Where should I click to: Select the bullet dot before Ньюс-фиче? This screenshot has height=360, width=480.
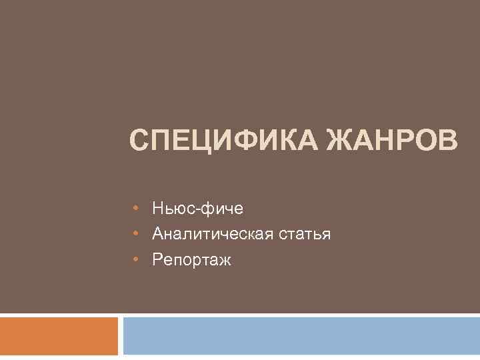[135, 209]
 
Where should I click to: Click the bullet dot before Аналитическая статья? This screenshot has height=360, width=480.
[135, 234]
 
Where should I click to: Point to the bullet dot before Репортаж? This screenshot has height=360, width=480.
[135, 259]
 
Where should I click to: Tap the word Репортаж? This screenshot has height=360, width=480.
[191, 260]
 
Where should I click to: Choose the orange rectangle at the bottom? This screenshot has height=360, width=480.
[59, 336]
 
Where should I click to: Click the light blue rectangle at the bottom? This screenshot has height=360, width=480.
[301, 336]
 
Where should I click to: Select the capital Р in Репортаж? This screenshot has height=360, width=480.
[157, 259]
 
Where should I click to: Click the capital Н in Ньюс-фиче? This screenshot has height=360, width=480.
[158, 209]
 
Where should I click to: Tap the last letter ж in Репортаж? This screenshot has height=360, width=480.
[225, 260]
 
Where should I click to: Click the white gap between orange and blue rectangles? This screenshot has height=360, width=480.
[121, 336]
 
